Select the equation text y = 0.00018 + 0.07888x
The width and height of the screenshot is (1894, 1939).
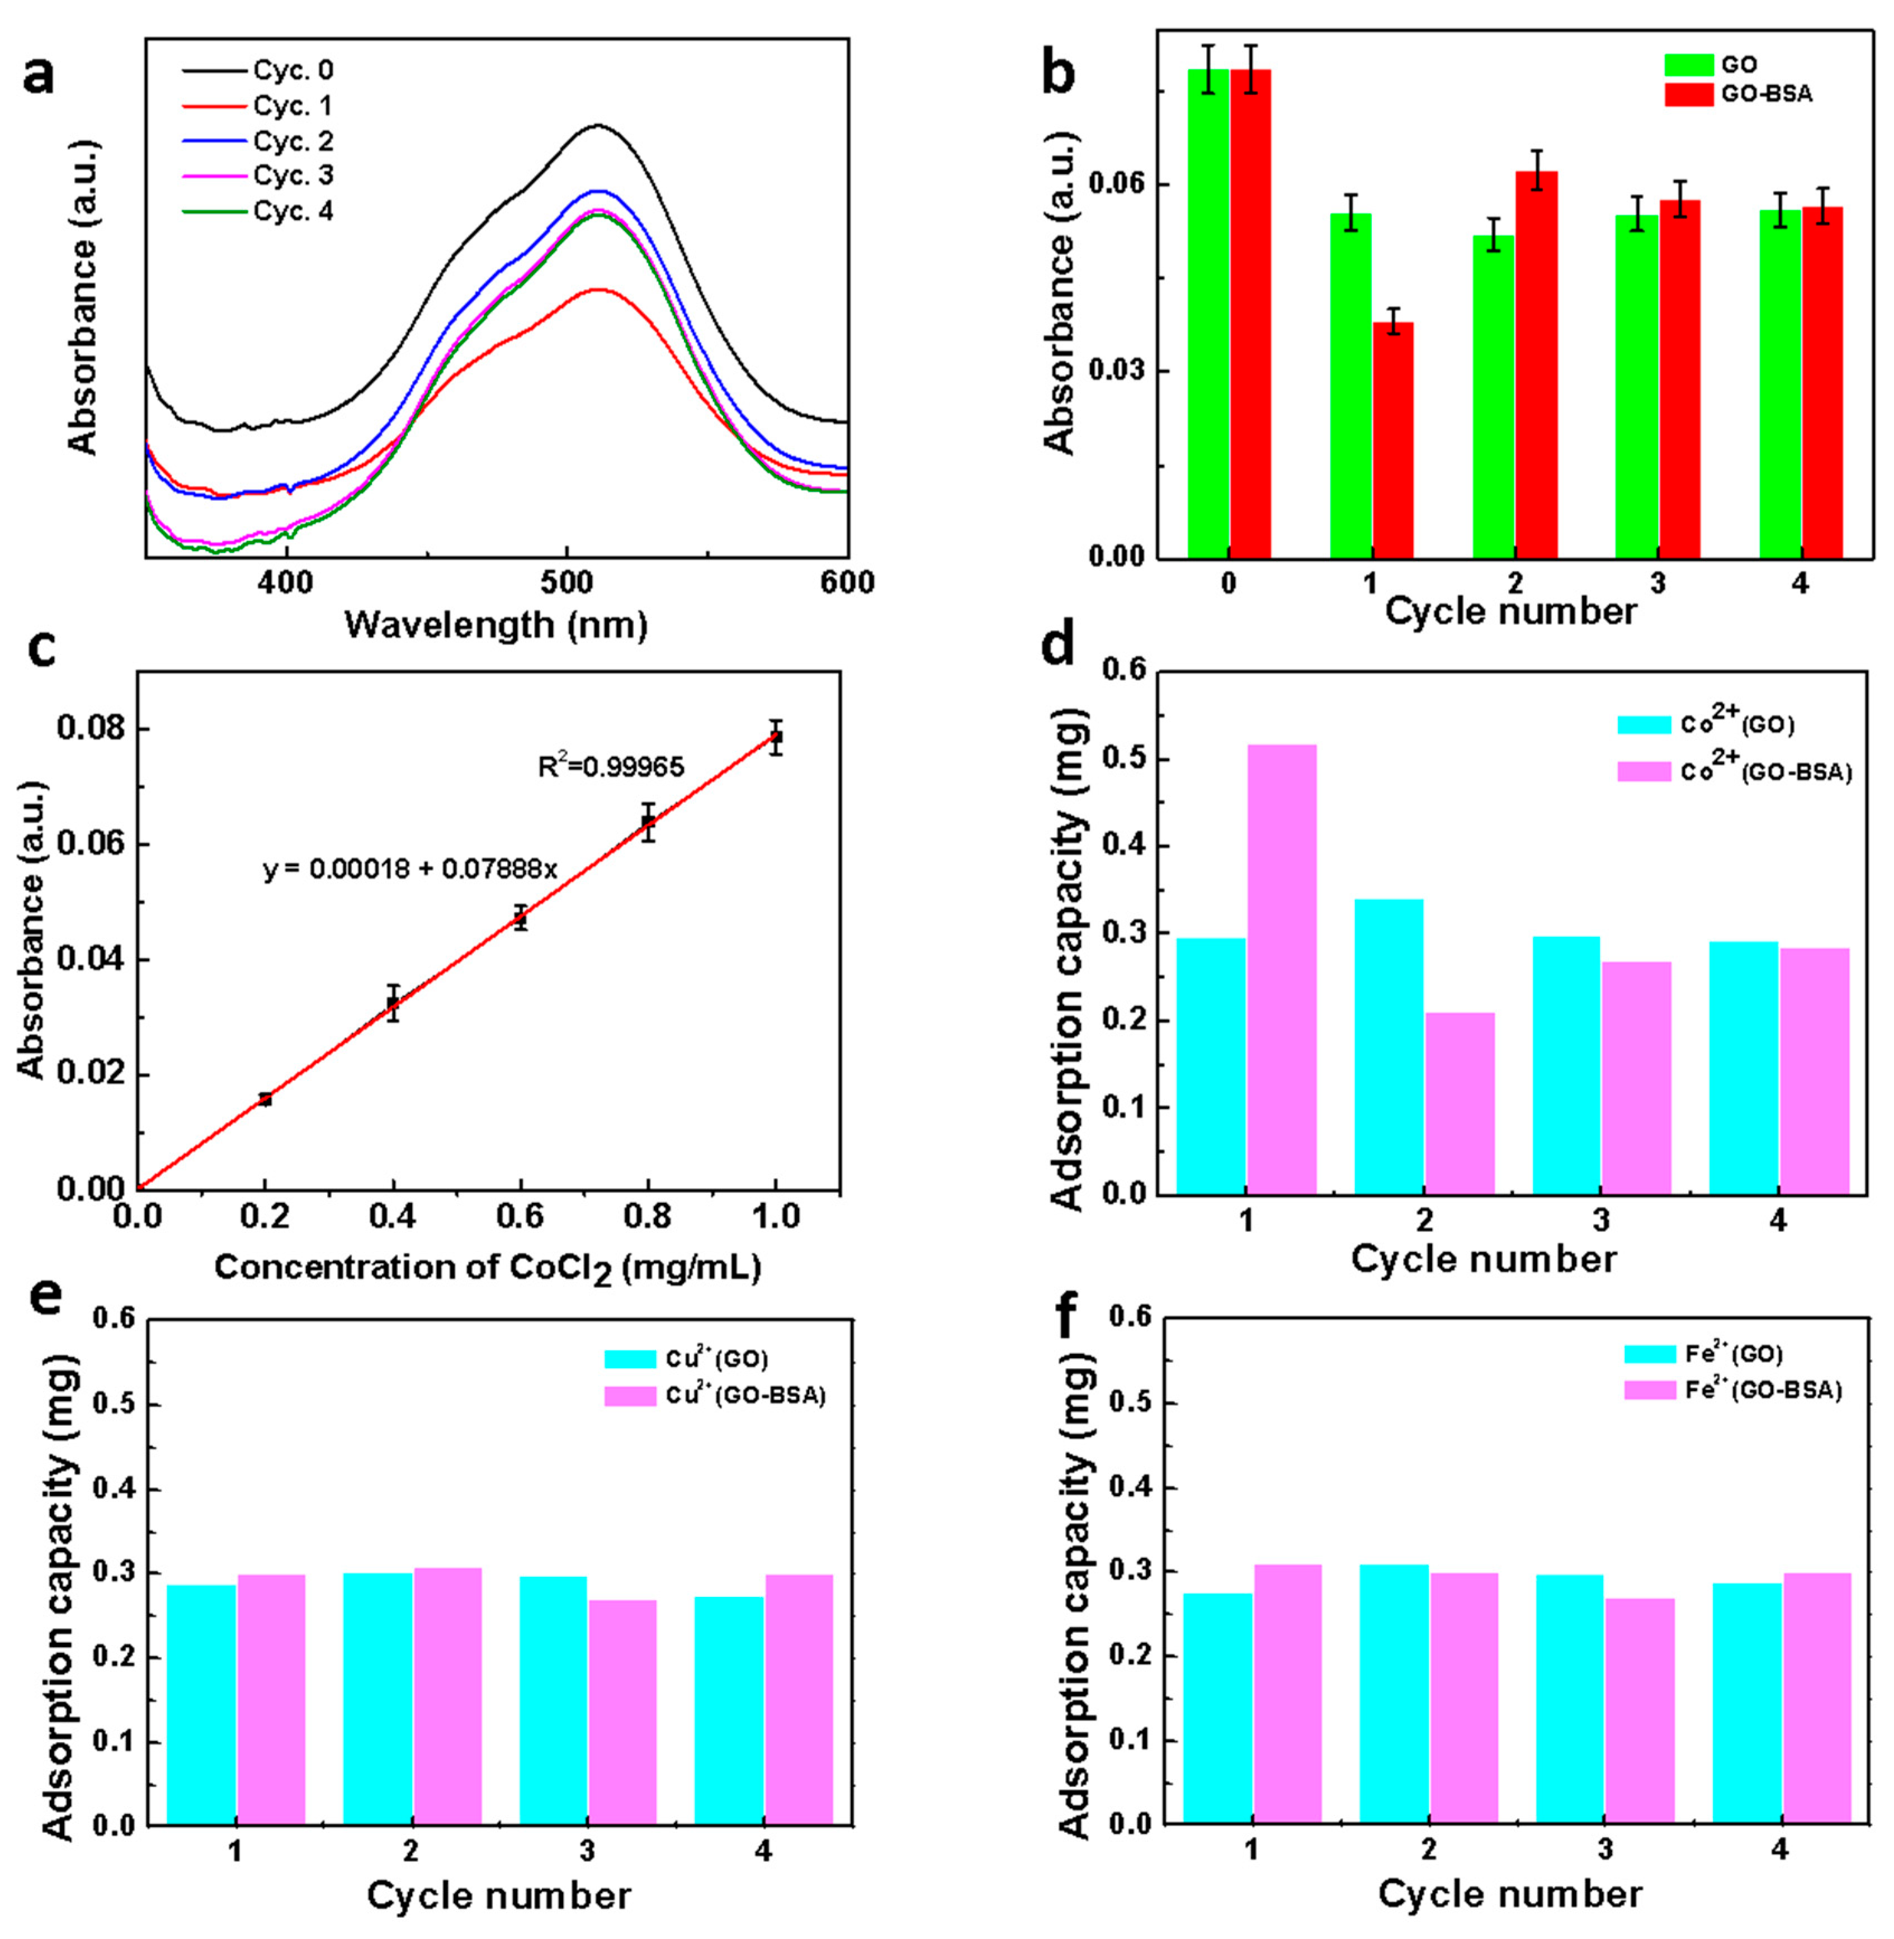pos(410,869)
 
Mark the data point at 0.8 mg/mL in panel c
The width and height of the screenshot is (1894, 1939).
pos(648,821)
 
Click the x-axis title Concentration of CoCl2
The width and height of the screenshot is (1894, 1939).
pos(488,1268)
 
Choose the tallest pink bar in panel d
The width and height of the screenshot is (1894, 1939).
pos(1282,969)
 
